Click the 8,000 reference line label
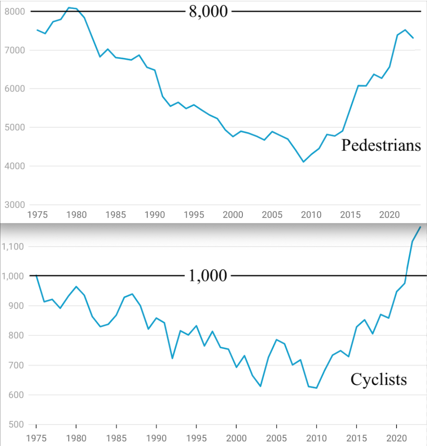click(208, 11)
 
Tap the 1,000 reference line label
click(208, 276)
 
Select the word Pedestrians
click(381, 145)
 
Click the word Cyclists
click(379, 379)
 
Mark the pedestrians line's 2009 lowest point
click(303, 162)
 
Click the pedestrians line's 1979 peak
click(68, 7)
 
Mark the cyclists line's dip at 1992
click(173, 358)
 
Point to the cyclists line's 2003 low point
click(261, 386)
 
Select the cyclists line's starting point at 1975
click(36, 276)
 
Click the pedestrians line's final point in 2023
click(413, 38)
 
